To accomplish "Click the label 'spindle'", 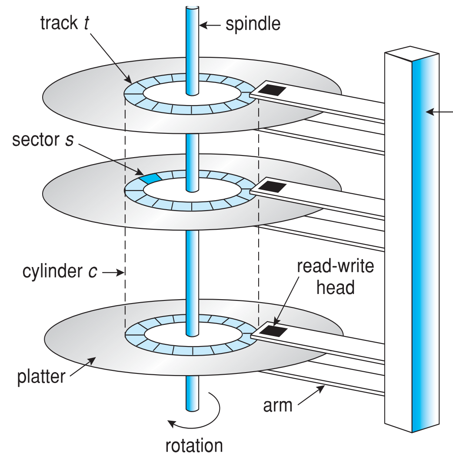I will click(253, 24).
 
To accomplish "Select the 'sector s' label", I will click(43, 140).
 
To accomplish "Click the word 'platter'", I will click(41, 377).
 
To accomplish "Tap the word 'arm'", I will click(278, 406).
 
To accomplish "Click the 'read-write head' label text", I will click(335, 276).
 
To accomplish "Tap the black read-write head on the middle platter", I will click(274, 187).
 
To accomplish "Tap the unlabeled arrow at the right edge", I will click(439, 112).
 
